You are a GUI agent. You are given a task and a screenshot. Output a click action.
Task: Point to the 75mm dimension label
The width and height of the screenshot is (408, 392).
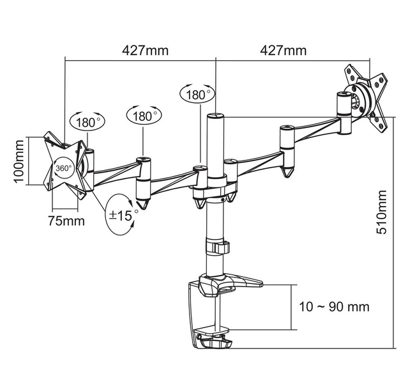(x=66, y=221)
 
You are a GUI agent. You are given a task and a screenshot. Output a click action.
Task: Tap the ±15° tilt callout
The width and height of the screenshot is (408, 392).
(x=123, y=215)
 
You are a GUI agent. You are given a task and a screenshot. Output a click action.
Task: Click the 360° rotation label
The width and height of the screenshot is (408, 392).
(x=63, y=168)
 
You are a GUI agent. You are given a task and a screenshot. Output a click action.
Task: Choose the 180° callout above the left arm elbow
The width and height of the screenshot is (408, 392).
(x=144, y=116)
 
